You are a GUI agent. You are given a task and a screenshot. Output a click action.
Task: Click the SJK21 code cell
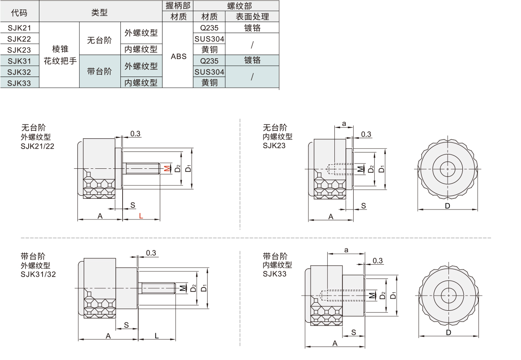point(19,28)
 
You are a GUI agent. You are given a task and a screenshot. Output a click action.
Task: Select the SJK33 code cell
point(19,82)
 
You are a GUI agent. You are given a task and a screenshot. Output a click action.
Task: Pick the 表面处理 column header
point(252,17)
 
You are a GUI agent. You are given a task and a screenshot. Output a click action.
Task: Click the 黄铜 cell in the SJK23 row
point(209,50)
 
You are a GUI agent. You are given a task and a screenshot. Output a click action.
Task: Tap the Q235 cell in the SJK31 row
point(209,60)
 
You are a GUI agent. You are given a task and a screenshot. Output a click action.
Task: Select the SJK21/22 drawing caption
point(37,146)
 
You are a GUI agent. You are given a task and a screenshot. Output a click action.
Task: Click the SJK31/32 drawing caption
point(38,274)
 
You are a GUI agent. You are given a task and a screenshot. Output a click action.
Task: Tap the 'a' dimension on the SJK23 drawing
point(344,123)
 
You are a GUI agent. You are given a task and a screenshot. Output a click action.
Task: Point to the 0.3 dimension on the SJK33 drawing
point(377,261)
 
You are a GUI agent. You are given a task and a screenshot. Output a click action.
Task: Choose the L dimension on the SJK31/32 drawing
point(157,335)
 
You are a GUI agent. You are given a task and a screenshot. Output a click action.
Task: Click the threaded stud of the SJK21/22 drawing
point(143,169)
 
